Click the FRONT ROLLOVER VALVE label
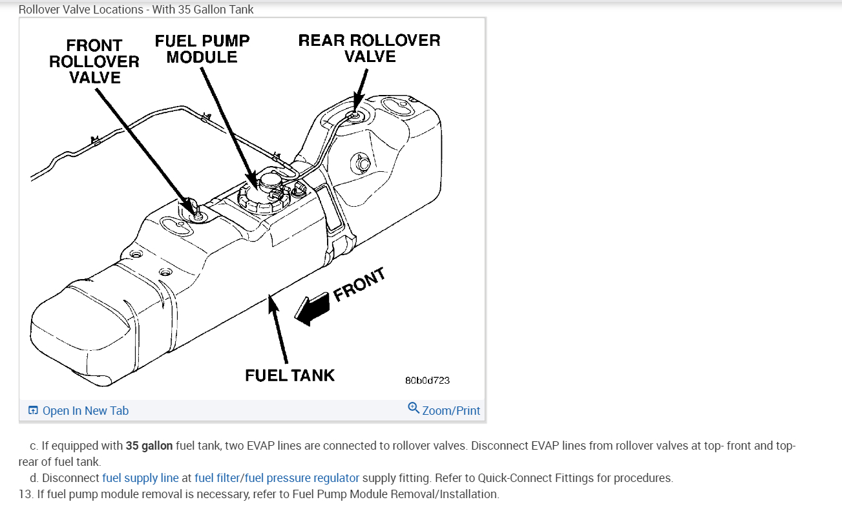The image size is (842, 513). [94, 62]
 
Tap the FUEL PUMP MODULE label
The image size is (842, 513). [202, 49]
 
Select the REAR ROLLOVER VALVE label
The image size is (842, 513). [369, 48]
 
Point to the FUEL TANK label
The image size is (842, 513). [289, 375]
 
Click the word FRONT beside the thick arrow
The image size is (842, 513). [359, 284]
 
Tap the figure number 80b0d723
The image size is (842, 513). [427, 380]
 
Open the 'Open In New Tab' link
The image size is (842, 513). [85, 411]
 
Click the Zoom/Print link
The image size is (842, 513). [451, 411]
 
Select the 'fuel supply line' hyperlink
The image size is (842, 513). [140, 478]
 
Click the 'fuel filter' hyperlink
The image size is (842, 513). [216, 478]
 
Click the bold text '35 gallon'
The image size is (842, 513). [149, 446]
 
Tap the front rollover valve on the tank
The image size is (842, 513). [198, 215]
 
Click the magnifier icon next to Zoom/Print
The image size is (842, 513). [414, 408]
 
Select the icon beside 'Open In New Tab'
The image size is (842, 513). [33, 411]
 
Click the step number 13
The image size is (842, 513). [25, 494]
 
